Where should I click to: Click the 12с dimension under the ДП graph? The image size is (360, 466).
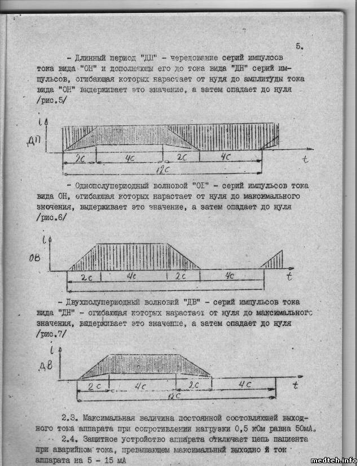pos(164,169)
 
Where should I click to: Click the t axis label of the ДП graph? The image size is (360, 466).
pos(305,159)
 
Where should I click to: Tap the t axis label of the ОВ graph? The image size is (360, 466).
pos(288,276)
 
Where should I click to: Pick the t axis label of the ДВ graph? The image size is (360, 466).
pos(295,386)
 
